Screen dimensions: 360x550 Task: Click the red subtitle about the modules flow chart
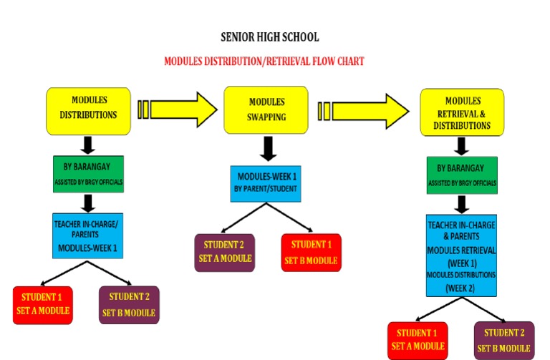tap(264, 62)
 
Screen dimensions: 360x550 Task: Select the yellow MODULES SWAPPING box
tap(266, 110)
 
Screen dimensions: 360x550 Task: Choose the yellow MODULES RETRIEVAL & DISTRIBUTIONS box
tap(462, 112)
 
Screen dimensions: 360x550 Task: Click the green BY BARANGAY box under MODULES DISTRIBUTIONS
tap(89, 174)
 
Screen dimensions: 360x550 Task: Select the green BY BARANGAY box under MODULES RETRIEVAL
tap(462, 175)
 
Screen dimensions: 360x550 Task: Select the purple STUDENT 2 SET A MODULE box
tap(223, 252)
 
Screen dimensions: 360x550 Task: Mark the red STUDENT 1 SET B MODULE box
tap(312, 252)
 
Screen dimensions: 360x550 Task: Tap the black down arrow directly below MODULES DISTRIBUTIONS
tap(89, 144)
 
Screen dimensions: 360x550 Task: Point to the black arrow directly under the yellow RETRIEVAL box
tap(462, 145)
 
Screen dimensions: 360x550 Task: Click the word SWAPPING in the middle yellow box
tap(266, 117)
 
